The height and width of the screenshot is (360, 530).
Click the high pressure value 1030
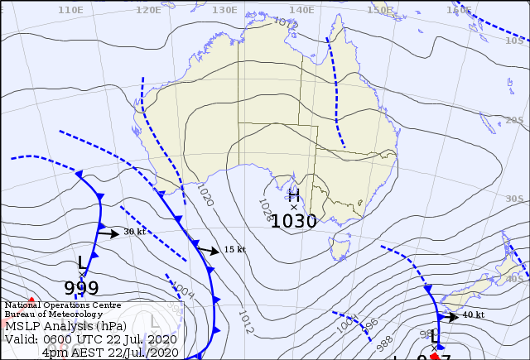294,221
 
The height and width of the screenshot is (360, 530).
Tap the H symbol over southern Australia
294,196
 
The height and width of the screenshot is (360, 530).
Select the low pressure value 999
81,288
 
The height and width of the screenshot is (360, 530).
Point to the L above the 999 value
81,262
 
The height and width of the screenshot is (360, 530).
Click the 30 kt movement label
134,232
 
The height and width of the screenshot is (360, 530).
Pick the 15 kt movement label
234,250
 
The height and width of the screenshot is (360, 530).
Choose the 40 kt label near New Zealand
473,315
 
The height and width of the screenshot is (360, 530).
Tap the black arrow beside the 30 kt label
108,233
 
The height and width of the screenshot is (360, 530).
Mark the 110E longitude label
71,10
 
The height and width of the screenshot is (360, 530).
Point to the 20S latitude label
515,120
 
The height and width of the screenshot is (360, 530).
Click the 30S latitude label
515,199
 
